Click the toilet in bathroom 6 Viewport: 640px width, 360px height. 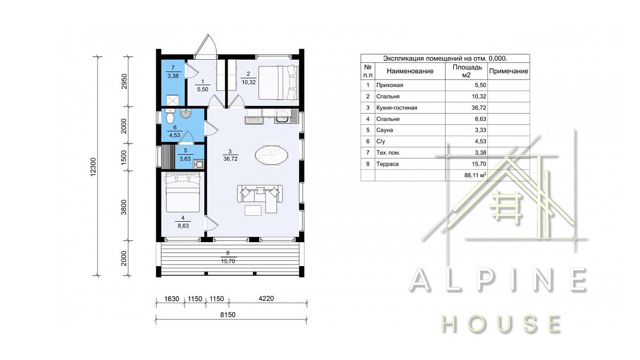(170, 115)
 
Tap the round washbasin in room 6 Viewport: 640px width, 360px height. (186, 114)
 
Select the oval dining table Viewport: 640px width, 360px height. (271, 155)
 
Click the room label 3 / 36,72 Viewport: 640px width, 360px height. (230, 155)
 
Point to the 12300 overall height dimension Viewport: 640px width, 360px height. (93, 166)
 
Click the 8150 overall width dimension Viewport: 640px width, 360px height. (228, 315)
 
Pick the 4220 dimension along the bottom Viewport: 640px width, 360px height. (266, 298)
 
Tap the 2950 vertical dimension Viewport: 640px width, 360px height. (124, 82)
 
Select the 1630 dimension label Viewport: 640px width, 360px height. (171, 299)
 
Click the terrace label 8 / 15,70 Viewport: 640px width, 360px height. (228, 257)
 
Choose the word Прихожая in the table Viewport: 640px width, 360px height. (389, 85)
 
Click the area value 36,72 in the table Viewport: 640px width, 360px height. (479, 108)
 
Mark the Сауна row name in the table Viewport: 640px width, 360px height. (385, 130)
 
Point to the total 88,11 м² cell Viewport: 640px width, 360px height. (475, 175)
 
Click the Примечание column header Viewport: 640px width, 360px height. (509, 71)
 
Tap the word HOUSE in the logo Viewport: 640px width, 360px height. (501, 324)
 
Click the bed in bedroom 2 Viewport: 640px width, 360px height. (278, 83)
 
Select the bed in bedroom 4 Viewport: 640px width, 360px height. (183, 194)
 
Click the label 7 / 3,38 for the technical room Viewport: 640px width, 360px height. (173, 71)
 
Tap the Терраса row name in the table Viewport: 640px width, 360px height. (387, 164)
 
